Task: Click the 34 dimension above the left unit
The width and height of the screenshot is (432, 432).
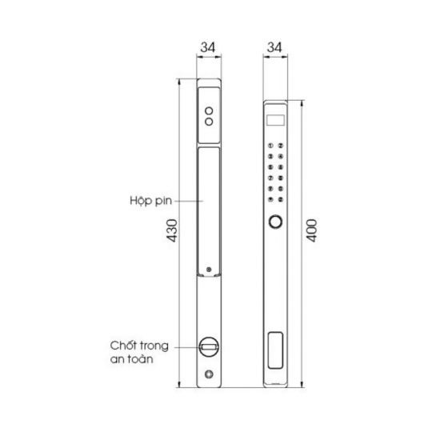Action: click(208, 47)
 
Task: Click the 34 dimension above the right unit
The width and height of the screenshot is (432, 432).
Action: click(274, 47)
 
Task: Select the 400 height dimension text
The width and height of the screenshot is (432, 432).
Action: click(312, 232)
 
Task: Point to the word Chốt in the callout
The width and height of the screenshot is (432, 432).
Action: click(124, 346)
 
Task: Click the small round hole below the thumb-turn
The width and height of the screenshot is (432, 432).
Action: click(209, 375)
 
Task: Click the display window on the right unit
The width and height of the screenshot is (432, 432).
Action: click(274, 120)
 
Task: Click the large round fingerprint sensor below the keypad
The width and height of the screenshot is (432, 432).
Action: click(275, 223)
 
